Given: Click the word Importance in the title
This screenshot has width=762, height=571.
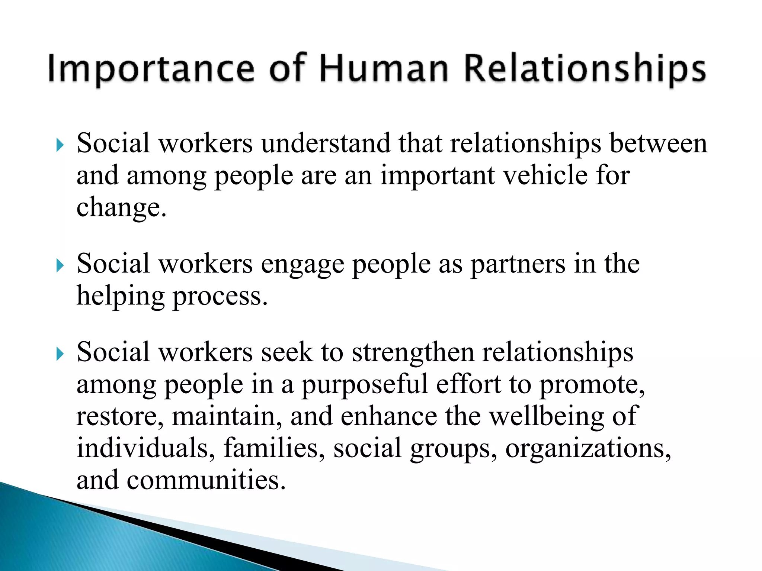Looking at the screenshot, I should click(151, 69).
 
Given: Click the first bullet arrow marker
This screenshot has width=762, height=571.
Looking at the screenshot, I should click(60, 145).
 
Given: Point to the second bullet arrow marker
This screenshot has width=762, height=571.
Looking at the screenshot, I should click(60, 266).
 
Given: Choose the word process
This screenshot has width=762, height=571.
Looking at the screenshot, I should click(220, 297).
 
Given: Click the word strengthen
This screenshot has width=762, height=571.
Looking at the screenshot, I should click(413, 352).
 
